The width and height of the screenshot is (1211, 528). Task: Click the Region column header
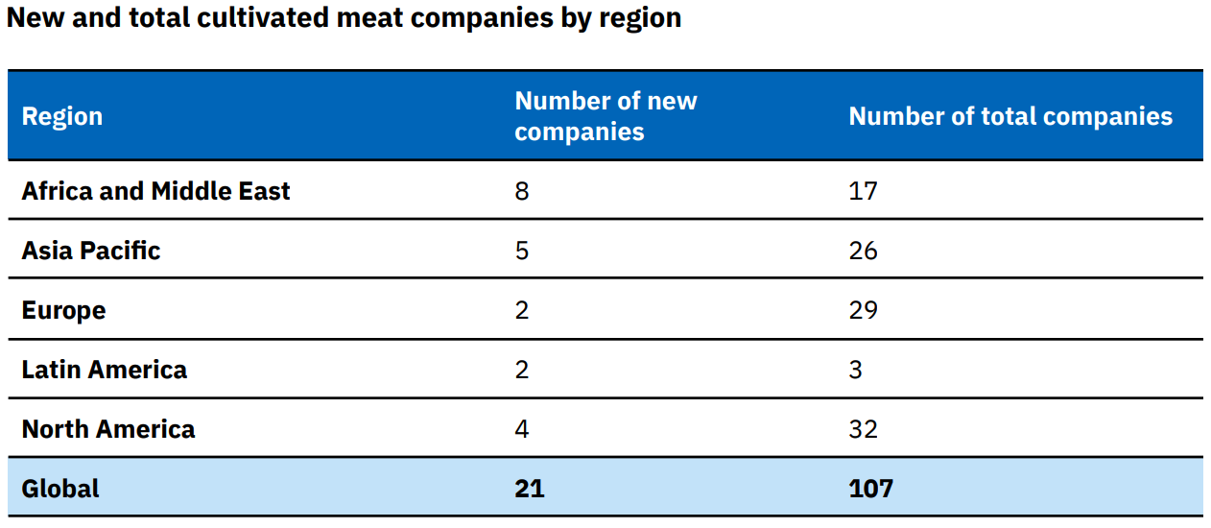[x=61, y=116]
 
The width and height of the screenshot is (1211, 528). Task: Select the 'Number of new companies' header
[x=605, y=116]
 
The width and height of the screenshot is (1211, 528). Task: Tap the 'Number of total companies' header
[x=1010, y=116]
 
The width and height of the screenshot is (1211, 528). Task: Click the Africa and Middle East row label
[x=155, y=191]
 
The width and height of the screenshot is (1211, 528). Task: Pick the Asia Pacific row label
[x=91, y=251]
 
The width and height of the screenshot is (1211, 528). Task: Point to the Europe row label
[x=63, y=310]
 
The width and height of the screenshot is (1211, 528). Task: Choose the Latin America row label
[x=104, y=370]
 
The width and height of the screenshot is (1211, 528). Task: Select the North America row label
[x=107, y=429]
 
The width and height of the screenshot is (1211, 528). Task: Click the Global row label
[x=60, y=489]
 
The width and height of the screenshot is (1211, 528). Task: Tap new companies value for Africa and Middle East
[x=522, y=191]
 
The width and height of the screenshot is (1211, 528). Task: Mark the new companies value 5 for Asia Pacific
[x=522, y=251]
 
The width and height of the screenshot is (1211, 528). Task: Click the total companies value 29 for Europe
[x=863, y=310]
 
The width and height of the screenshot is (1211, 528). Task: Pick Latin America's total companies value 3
[x=856, y=370]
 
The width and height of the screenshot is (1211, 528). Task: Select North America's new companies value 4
[x=522, y=429]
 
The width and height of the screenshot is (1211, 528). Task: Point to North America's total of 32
[x=863, y=429]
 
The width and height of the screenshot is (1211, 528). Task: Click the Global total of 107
[x=870, y=489]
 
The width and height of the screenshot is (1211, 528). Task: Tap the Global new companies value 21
[x=529, y=489]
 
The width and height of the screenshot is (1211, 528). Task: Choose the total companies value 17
[x=863, y=191]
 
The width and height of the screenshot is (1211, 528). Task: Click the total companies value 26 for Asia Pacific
[x=863, y=251]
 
